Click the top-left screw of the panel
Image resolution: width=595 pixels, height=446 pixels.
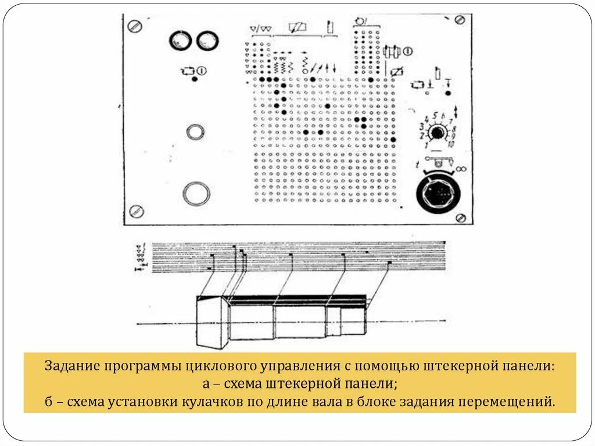[135, 26]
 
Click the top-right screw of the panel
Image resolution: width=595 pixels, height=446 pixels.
[460, 20]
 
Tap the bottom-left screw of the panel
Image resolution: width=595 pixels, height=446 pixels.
[137, 210]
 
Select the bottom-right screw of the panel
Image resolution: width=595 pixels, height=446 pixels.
[461, 217]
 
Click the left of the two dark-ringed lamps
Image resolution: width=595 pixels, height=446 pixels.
[181, 40]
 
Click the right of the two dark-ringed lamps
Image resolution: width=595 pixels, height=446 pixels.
[207, 40]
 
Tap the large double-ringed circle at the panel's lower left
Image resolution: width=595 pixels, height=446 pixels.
[196, 194]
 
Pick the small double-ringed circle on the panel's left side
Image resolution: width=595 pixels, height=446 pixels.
[195, 132]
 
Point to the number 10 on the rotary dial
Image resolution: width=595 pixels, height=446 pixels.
[450, 144]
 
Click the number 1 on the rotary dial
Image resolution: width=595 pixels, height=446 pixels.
[427, 145]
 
